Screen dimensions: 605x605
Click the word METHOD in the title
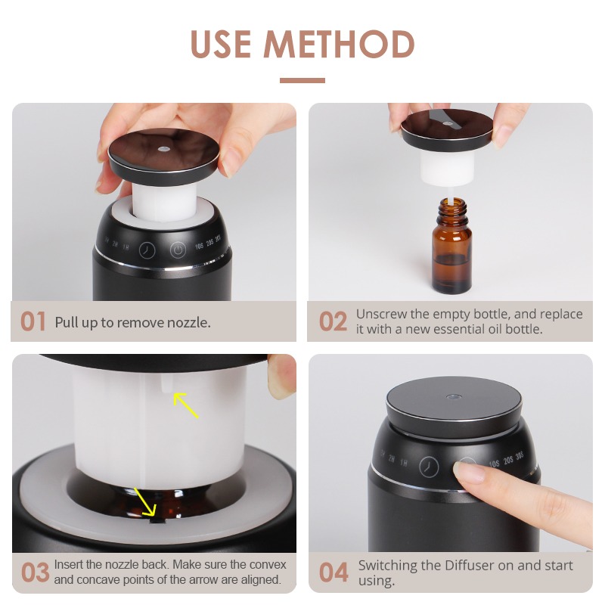[x=339, y=44]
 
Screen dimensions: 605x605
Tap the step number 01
[x=33, y=321]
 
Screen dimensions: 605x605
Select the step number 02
[x=333, y=321]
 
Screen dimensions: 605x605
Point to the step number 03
[x=35, y=572]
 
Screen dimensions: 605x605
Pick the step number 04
[x=334, y=572]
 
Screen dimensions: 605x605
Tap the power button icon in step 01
[x=178, y=250]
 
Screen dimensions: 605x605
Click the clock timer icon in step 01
[x=147, y=250]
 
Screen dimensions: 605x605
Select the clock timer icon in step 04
[x=429, y=467]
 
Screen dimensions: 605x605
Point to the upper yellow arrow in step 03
[x=185, y=405]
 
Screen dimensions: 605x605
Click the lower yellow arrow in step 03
[x=145, y=501]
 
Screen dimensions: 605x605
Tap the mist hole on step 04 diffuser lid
[x=453, y=396]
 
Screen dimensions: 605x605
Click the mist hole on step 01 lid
[x=163, y=148]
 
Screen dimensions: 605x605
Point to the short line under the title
[x=302, y=80]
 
